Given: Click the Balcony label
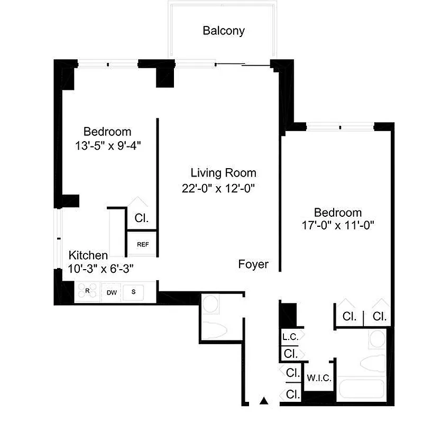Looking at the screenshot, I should [224, 31].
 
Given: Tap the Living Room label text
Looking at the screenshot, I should [223, 173].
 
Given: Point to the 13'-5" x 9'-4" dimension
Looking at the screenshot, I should [107, 144].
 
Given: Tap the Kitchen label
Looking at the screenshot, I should [88, 255].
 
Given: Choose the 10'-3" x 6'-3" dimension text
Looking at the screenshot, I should [100, 268].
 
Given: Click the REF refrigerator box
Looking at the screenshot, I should [142, 244].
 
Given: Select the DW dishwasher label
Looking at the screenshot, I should [112, 292].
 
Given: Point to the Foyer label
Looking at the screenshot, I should [253, 264].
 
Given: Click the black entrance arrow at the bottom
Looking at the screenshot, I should [263, 401].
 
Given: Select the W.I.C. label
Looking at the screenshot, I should [318, 378].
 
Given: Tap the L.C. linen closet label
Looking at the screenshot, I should [289, 337].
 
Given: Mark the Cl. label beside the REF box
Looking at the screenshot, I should [142, 218].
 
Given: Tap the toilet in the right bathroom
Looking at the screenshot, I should [372, 364].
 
